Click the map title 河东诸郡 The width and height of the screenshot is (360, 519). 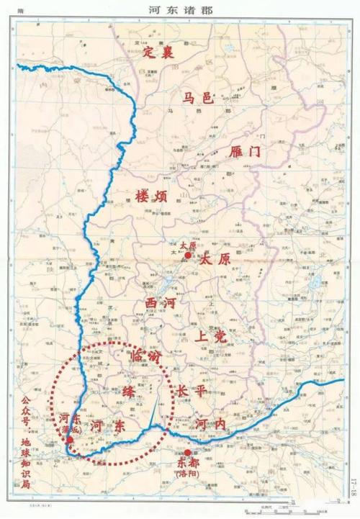click(x=179, y=9)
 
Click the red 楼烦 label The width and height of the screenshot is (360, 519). click(x=153, y=195)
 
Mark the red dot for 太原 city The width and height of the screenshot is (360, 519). click(x=188, y=255)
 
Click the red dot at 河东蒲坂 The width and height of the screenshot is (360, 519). click(x=70, y=440)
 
